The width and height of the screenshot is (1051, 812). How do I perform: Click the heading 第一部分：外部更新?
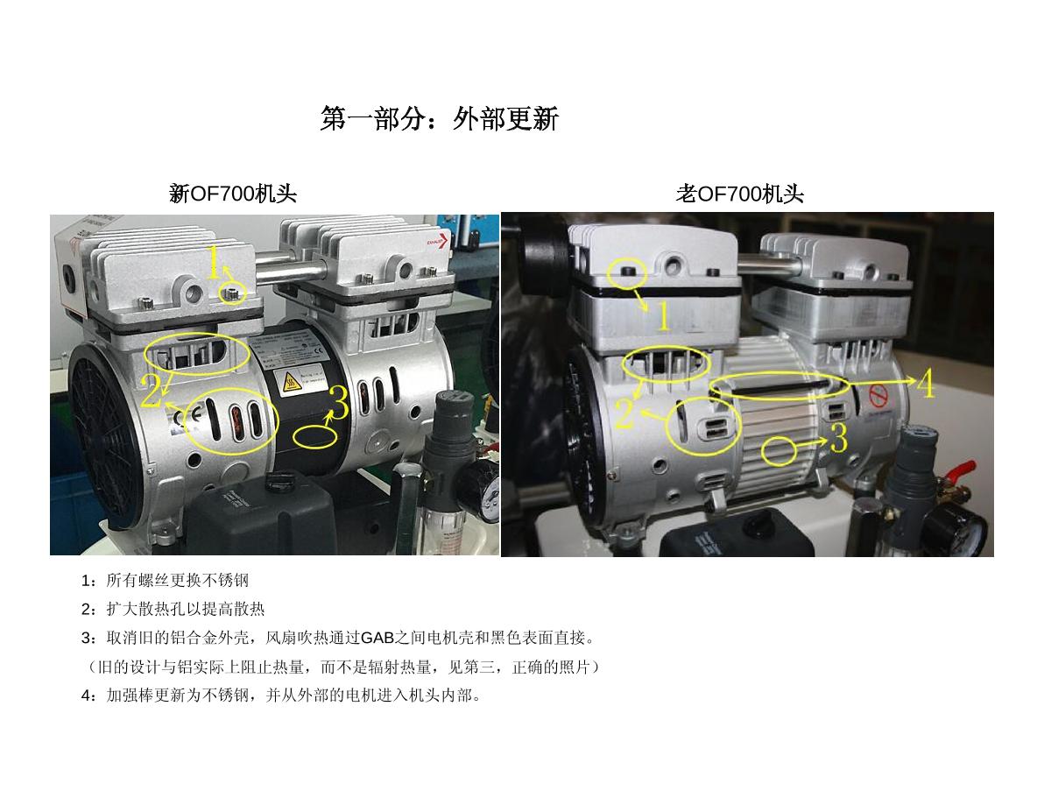(439, 118)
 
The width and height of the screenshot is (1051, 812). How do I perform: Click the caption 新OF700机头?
(233, 194)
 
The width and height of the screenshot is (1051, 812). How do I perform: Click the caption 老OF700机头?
(739, 194)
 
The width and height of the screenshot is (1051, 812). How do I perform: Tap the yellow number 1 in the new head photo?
(214, 262)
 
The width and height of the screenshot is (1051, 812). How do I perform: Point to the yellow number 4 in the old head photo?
(925, 383)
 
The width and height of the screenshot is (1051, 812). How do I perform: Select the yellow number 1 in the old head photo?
(664, 316)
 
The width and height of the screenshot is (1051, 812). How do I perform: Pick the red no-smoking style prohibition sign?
(878, 396)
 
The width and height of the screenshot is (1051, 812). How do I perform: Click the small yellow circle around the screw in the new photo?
(233, 293)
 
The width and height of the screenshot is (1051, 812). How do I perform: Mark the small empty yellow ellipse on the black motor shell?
(315, 437)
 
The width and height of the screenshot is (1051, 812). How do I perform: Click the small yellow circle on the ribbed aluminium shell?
(779, 451)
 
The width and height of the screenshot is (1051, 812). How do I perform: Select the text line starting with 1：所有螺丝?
(165, 580)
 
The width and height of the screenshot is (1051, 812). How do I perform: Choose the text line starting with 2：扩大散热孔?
(173, 609)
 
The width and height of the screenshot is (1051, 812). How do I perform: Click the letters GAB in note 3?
(377, 639)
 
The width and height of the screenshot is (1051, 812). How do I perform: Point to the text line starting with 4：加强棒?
(281, 695)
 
